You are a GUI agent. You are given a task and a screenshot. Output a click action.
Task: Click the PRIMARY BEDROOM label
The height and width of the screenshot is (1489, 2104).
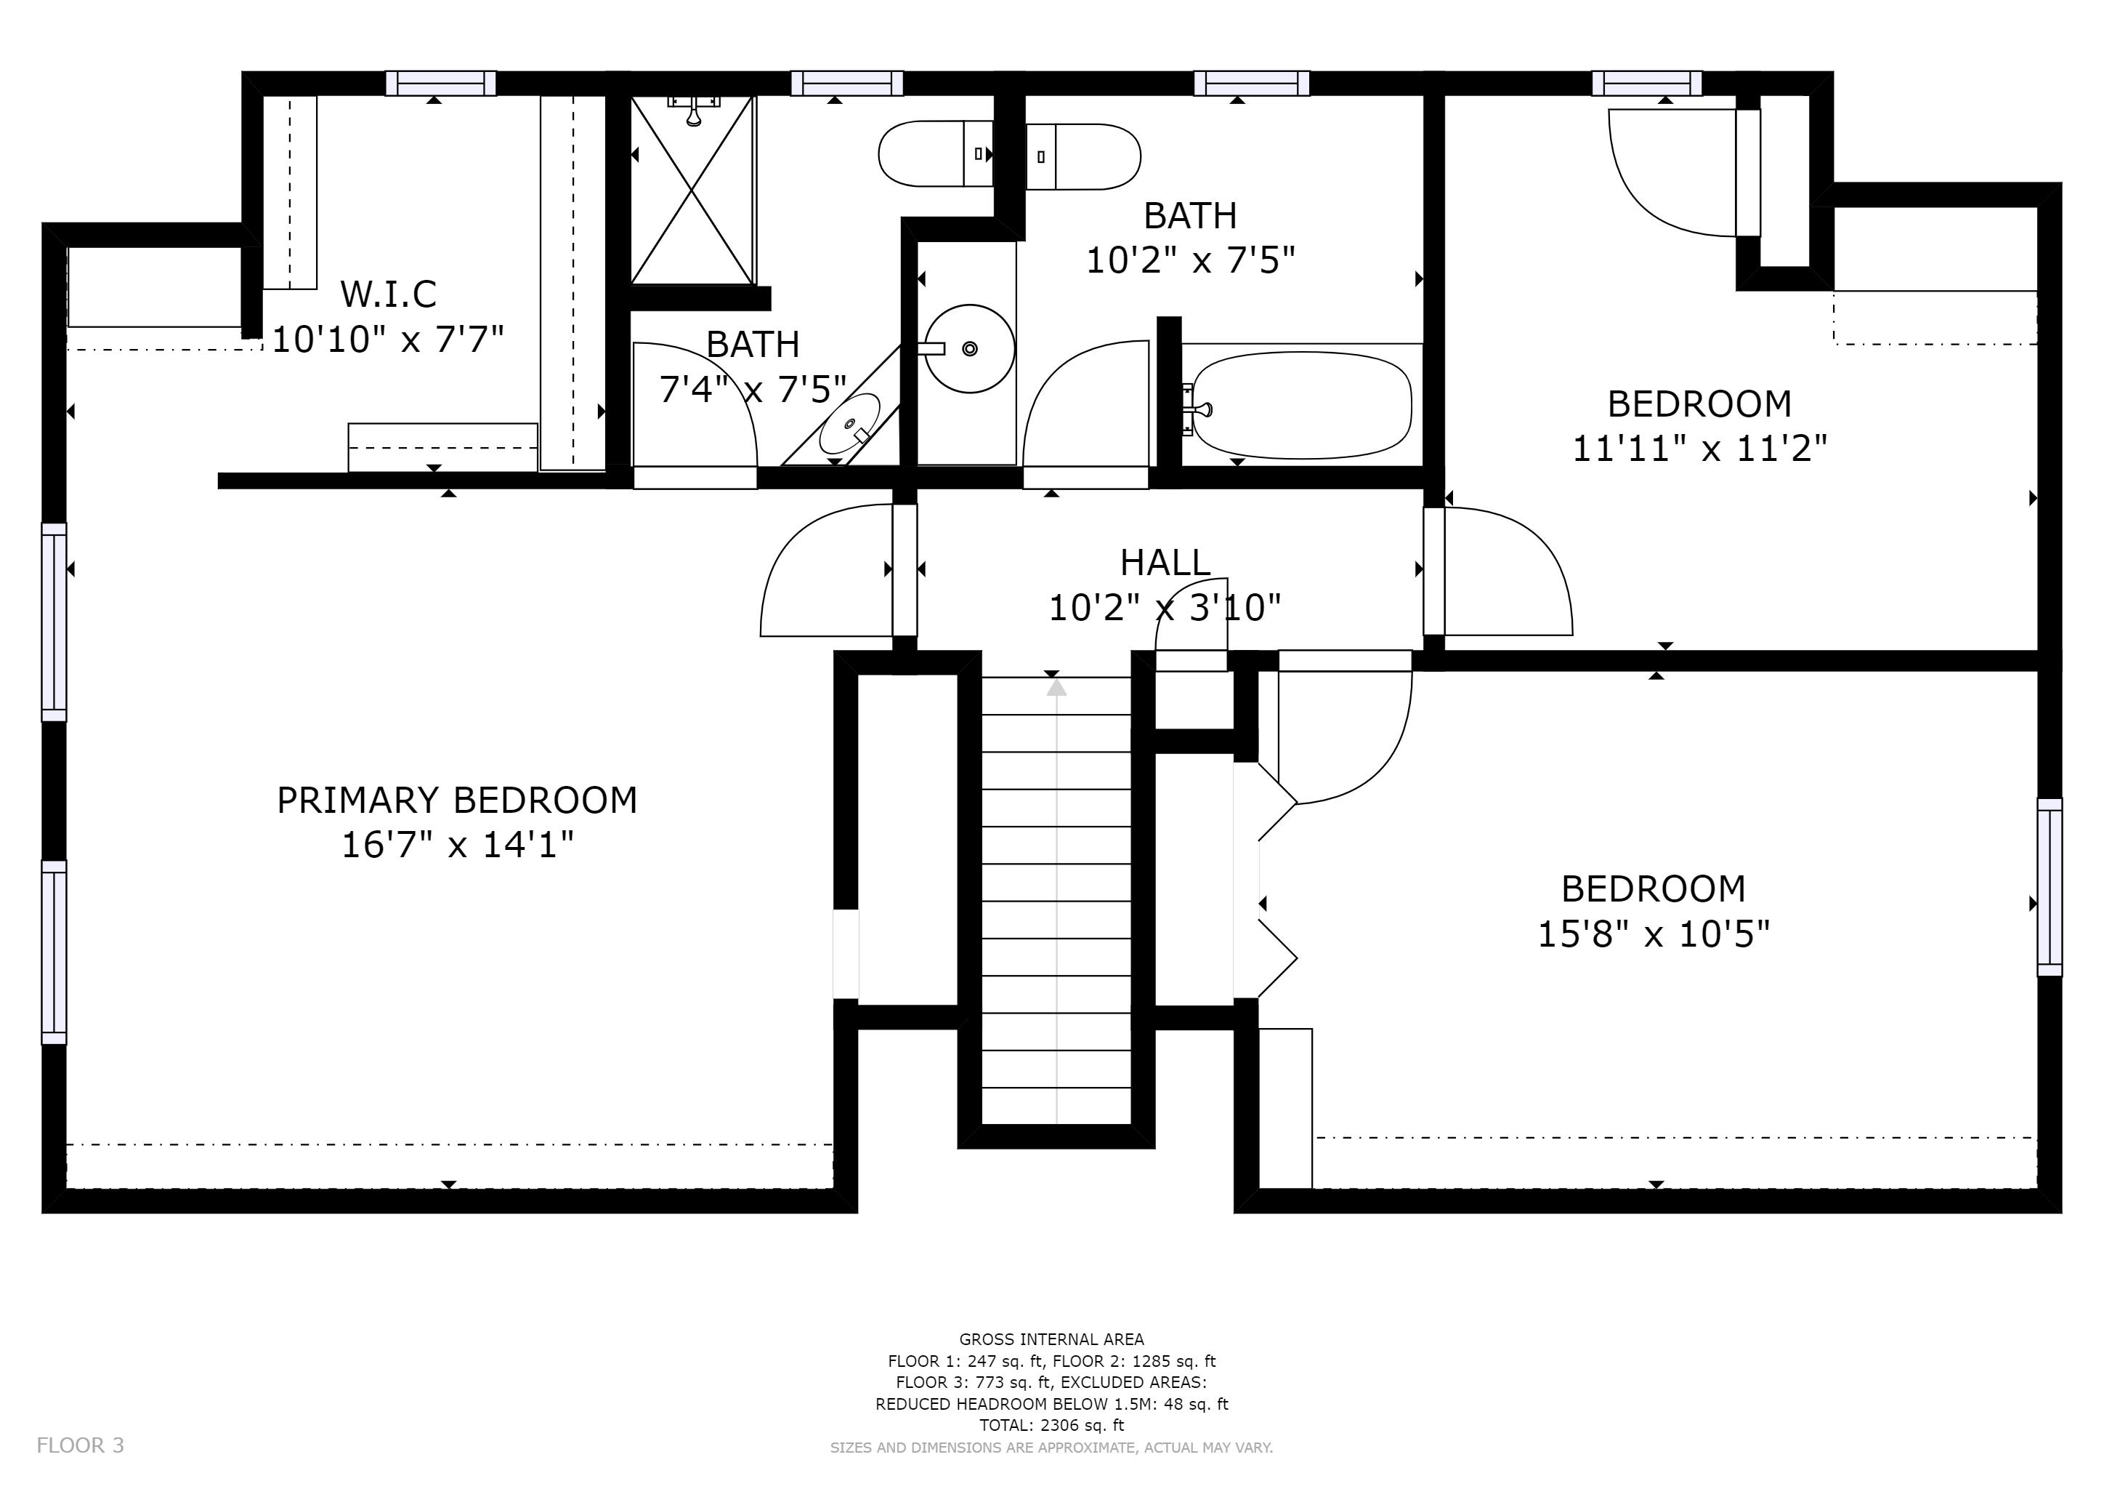coord(456,800)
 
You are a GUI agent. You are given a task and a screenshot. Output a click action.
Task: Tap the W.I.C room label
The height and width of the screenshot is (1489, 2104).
coord(389,294)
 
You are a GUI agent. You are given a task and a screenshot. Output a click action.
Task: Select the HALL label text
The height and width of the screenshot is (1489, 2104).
coord(1165,562)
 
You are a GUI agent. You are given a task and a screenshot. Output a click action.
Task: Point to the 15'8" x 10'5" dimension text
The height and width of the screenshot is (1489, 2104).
coord(1653,934)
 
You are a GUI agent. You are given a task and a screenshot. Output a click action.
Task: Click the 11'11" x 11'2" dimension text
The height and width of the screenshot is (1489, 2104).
coord(1700,449)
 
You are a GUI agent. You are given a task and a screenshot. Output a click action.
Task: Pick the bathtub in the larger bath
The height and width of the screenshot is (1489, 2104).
coord(1301,405)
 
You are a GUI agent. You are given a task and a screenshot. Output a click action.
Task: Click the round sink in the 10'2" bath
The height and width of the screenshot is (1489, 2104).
coord(968,348)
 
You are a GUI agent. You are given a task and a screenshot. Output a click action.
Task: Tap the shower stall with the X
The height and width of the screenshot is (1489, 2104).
coord(693,190)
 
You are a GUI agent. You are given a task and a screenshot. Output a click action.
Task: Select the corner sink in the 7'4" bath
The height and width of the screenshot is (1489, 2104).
coord(849,424)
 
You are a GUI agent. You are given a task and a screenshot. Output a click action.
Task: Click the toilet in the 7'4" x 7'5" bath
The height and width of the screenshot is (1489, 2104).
coord(936,153)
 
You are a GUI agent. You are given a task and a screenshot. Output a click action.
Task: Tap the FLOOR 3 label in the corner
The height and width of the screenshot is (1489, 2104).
coord(80,1445)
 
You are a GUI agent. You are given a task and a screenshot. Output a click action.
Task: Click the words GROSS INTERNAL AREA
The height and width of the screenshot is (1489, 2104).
coord(1051,1339)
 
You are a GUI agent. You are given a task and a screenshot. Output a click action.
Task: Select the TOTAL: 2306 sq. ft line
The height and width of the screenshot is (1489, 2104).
coord(1051,1425)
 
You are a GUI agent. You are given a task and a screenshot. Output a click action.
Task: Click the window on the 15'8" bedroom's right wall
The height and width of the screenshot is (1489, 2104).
coord(2050,886)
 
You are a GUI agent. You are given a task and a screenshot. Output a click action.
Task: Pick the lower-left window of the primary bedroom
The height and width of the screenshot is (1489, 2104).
coord(54,952)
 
